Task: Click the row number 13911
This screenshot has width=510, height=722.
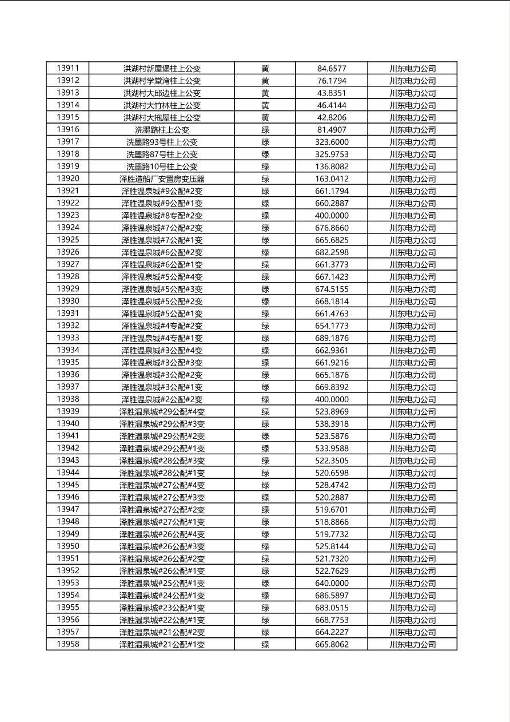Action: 68,68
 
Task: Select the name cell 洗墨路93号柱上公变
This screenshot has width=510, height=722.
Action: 162,142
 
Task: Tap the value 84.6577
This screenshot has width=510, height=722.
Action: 332,69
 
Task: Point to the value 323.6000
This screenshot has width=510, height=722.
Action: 332,142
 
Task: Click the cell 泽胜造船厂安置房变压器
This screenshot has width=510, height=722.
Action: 162,179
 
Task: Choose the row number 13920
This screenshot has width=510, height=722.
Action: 68,178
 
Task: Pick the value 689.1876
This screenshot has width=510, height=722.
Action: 332,338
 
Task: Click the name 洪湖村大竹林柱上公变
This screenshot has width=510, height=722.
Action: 162,105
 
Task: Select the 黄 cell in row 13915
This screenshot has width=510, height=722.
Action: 265,117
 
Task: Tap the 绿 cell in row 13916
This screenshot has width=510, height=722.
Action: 265,130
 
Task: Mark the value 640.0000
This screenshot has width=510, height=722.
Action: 332,583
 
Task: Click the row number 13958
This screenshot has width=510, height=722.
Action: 68,644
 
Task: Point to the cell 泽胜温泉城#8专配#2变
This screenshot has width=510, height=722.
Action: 162,216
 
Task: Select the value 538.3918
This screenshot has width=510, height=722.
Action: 332,424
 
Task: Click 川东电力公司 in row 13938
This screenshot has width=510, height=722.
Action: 412,399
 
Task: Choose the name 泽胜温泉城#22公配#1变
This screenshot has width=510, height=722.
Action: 162,620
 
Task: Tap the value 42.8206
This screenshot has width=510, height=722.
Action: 332,117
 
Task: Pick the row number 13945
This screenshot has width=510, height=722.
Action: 68,485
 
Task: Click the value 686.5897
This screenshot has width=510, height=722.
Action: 332,596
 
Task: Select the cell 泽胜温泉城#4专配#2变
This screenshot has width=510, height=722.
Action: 162,326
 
